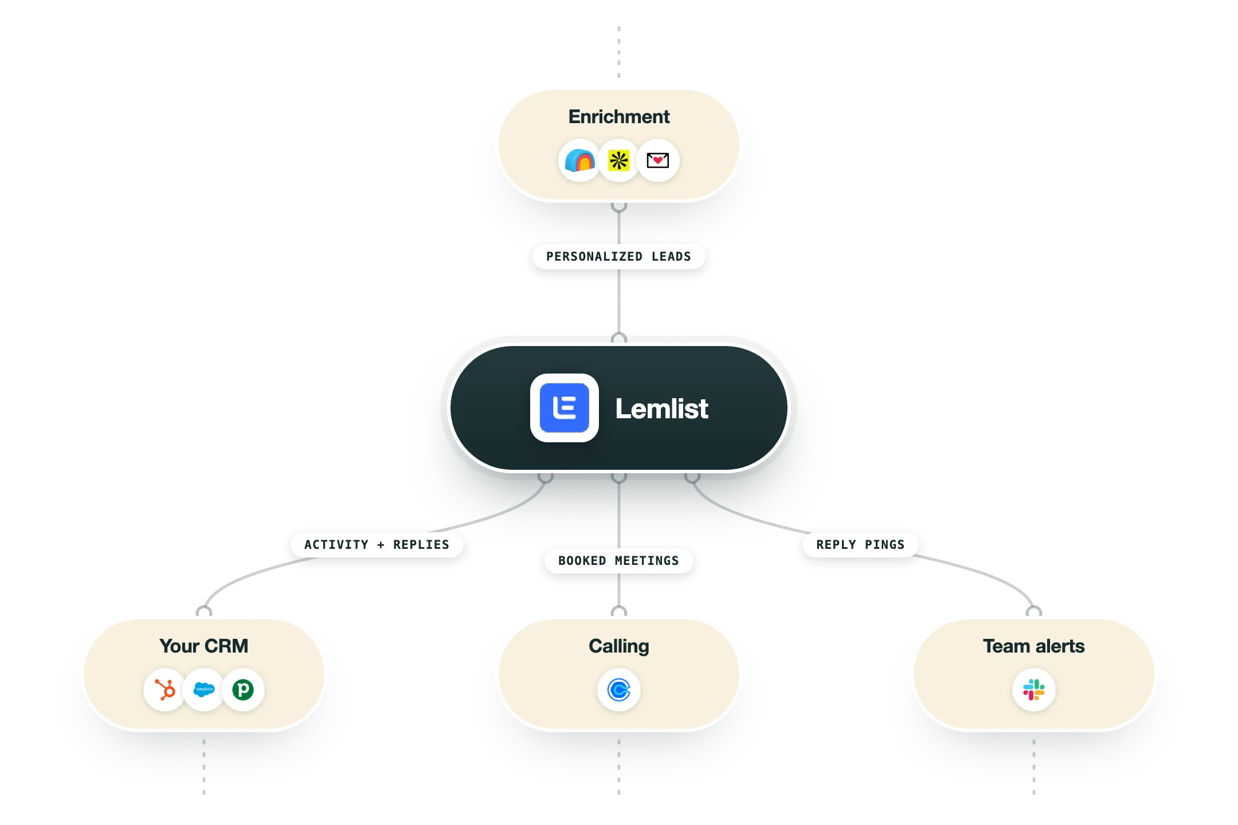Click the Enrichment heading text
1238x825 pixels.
point(619,117)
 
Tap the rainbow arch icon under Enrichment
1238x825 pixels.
point(579,160)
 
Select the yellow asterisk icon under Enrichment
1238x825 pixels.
point(619,160)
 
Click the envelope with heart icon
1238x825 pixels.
point(658,160)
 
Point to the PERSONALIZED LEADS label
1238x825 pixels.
point(619,257)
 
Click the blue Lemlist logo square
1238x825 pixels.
point(565,408)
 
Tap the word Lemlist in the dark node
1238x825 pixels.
point(662,408)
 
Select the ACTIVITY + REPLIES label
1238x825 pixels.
point(377,545)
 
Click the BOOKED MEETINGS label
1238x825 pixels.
point(619,561)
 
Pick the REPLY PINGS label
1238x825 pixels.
point(861,545)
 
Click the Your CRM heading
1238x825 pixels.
point(204,646)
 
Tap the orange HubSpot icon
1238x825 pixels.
point(165,690)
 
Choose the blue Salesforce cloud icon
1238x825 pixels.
point(204,689)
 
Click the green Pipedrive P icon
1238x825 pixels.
point(243,690)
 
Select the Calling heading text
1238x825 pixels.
point(619,646)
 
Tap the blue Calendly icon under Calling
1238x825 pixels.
point(619,690)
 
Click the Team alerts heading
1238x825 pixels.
point(1034,646)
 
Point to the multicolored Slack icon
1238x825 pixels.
point(1034,690)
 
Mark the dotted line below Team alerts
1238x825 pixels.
point(1034,767)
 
